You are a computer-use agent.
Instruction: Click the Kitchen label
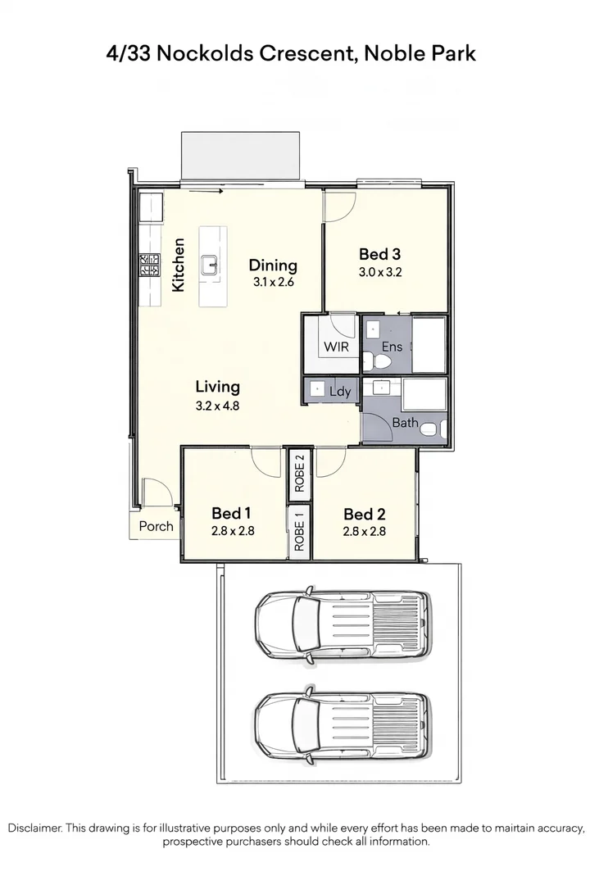[x=179, y=265]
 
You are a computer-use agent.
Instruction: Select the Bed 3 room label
[x=380, y=253]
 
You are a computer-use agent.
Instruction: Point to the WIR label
[x=336, y=347]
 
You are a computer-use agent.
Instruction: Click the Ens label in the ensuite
[x=392, y=347]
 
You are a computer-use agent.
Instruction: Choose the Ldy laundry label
[x=340, y=392]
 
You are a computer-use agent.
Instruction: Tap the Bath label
[x=405, y=424]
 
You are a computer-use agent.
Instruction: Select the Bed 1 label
[x=231, y=513]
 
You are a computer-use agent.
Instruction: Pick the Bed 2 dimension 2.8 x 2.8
[x=365, y=531]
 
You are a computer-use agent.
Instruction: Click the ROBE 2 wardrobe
[x=299, y=474]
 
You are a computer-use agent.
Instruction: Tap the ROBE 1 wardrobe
[x=299, y=532]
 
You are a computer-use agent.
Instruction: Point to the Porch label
[x=156, y=526]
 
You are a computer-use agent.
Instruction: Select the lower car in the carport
[x=343, y=726]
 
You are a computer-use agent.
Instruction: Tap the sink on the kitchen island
[x=211, y=264]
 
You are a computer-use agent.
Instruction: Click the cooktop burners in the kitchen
[x=150, y=265]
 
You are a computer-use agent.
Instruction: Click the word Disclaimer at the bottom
[x=34, y=828]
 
